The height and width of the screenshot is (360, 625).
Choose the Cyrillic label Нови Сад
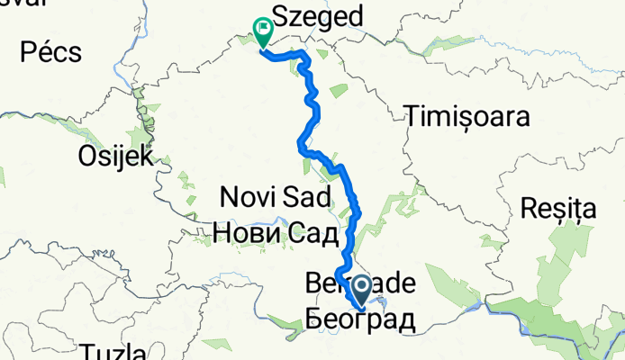276,233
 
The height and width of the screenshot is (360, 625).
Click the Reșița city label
558,210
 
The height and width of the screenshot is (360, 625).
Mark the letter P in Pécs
10,51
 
